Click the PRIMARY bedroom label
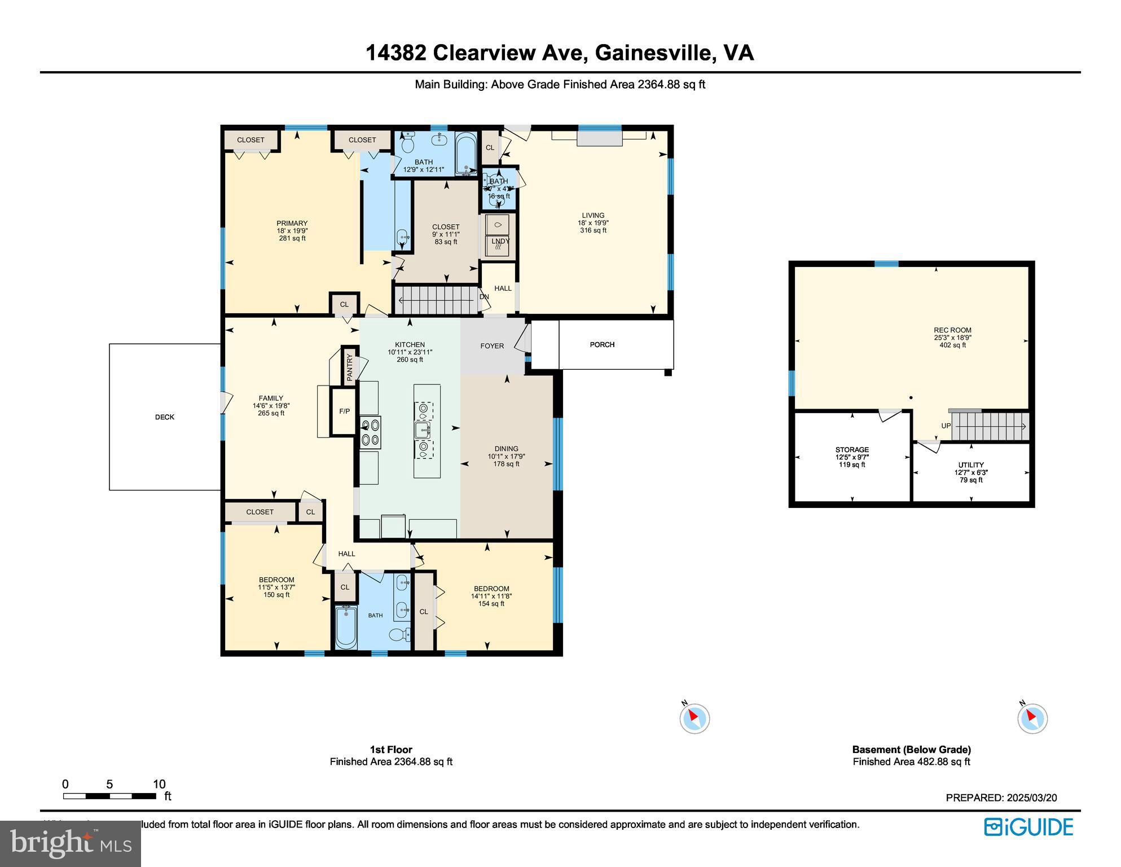click(292, 224)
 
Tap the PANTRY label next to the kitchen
click(350, 367)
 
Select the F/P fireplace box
click(344, 411)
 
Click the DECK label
click(165, 417)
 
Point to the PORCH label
click(602, 344)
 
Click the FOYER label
click(492, 346)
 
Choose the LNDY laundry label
click(500, 242)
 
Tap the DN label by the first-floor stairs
click(484, 297)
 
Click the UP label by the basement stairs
click(946, 426)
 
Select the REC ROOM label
click(952, 331)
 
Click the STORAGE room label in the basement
click(852, 450)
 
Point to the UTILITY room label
click(971, 465)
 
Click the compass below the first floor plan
click(694, 719)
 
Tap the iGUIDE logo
click(1028, 827)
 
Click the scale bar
click(109, 796)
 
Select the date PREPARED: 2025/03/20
click(1001, 798)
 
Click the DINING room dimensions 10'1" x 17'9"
click(506, 457)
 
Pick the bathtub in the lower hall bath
click(346, 628)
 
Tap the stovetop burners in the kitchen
click(371, 432)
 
